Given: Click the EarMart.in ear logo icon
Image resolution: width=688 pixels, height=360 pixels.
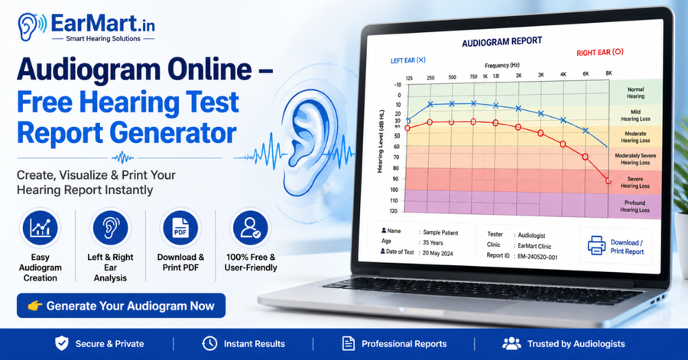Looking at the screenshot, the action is point(31,27).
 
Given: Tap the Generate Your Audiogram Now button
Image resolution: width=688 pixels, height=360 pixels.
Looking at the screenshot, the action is point(121,306).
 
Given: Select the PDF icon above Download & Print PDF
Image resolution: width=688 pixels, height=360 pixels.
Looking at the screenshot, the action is point(180,228).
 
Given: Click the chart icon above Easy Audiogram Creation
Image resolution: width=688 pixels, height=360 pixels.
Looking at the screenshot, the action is point(40,228).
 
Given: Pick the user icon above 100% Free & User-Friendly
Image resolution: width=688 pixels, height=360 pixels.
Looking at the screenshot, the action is point(251,228).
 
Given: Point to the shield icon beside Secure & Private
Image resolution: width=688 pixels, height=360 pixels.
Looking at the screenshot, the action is point(62,344).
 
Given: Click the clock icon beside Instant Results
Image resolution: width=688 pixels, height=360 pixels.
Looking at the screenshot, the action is point(209,344).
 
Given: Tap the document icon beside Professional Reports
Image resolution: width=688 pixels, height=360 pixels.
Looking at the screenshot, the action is point(349,344).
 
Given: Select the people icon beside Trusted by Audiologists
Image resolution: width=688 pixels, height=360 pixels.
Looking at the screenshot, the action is point(511,344).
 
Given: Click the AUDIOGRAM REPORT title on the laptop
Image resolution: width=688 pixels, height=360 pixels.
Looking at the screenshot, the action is point(502,42).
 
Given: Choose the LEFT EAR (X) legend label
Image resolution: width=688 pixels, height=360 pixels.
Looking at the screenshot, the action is point(408,60).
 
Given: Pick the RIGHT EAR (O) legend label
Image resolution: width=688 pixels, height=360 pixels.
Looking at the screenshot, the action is point(600,52).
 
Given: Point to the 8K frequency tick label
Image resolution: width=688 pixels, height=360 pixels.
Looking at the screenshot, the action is point(608,73).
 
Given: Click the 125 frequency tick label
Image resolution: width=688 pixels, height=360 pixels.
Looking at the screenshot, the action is point(409,79).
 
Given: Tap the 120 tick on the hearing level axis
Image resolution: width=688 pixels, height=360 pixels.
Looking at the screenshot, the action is point(394,212).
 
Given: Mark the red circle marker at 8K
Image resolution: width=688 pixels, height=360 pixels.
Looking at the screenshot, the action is point(608,180).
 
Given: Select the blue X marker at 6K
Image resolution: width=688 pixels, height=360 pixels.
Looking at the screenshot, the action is point(586,131).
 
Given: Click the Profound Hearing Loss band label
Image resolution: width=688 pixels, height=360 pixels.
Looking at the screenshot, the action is point(635,206).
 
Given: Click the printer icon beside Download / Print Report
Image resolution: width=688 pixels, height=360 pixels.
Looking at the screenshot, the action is point(597,245).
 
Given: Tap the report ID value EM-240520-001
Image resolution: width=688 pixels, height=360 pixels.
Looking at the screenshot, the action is point(537,257).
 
